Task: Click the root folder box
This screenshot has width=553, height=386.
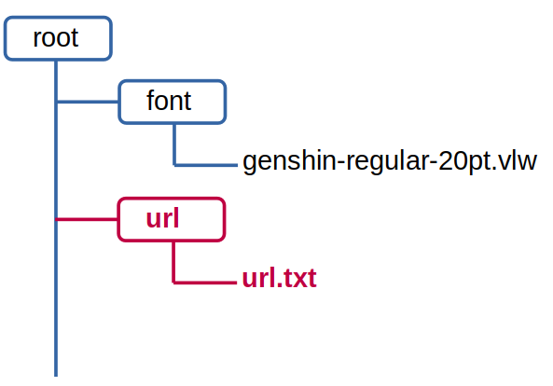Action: point(58,38)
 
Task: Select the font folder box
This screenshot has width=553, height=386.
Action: point(173,102)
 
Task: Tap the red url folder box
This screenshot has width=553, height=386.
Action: point(172,220)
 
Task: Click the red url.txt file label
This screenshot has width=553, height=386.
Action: point(280,278)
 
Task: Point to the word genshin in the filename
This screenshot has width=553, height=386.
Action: point(289,162)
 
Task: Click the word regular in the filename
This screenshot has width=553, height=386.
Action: point(386,162)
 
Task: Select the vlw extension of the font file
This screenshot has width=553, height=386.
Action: point(518,160)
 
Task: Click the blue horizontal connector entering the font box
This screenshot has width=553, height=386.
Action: point(88,102)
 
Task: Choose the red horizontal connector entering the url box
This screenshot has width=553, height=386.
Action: point(87,220)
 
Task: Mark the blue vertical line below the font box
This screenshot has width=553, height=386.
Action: point(174,145)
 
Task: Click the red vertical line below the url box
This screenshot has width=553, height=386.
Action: point(173,262)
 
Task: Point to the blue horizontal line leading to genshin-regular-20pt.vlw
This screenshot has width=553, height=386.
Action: point(206,165)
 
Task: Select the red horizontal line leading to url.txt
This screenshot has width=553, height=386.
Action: point(205,283)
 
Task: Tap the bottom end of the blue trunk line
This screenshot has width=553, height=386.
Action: point(56,376)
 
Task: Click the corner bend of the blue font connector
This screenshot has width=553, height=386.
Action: point(174,165)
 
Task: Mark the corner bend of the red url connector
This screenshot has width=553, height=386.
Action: point(173,283)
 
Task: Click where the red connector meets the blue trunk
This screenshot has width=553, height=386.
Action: point(56,220)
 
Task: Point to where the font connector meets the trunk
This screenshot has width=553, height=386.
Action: point(56,102)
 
